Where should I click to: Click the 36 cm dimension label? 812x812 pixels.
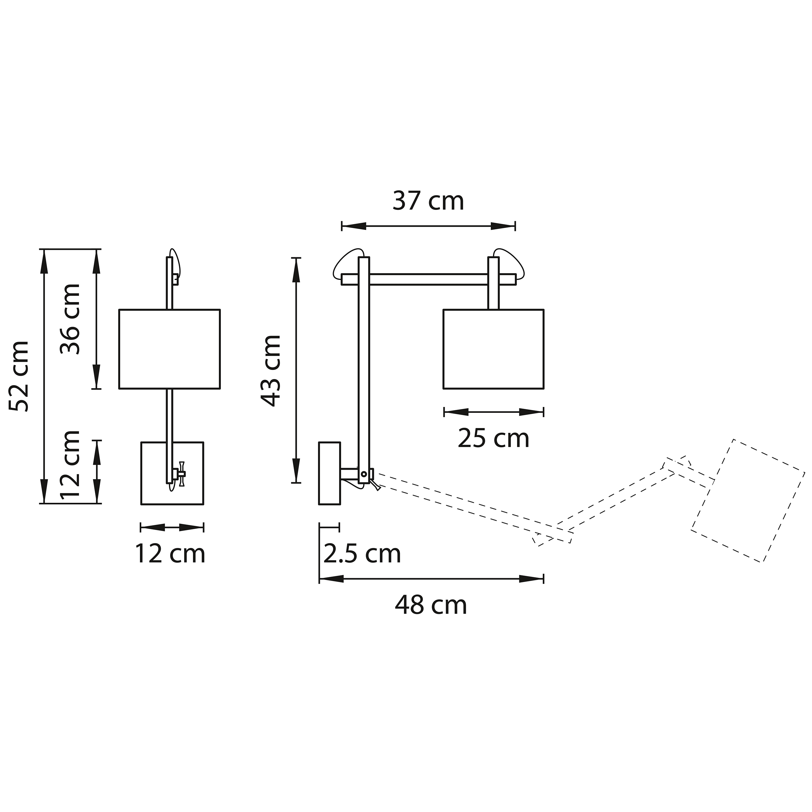(70, 319)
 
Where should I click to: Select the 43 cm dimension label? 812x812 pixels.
(271, 371)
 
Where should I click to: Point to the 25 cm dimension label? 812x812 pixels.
(493, 439)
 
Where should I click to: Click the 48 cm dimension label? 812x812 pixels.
(431, 606)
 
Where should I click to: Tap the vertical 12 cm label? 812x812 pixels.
(70, 464)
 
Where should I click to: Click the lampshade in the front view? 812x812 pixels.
(169, 349)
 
